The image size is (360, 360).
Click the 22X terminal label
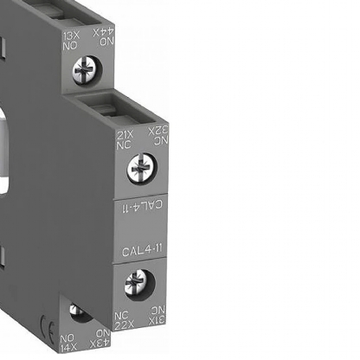pyautogui.click(x=125, y=317)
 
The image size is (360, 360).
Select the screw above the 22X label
pyautogui.click(x=139, y=281)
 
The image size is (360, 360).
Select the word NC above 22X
pyautogui.click(x=125, y=308)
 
